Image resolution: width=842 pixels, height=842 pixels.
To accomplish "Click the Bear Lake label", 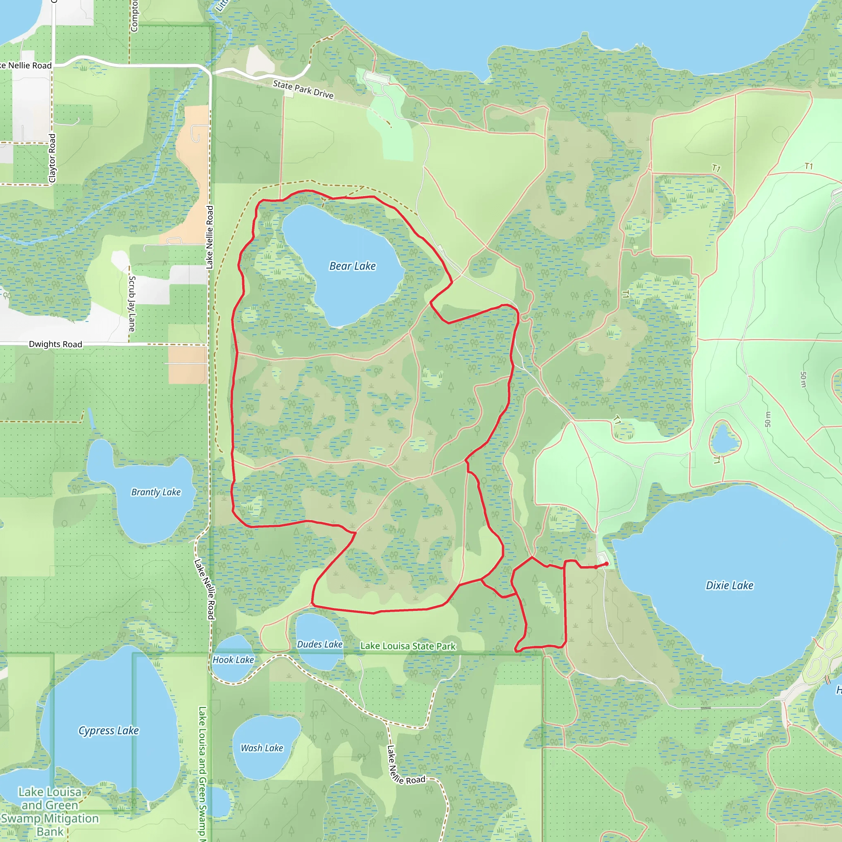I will click(352, 266).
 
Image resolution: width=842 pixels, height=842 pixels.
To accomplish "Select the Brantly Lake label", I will click(155, 492).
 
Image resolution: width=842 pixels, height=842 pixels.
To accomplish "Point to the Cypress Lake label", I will click(109, 731).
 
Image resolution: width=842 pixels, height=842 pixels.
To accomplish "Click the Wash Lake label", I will click(262, 748).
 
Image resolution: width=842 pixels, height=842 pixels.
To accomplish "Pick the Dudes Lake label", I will click(319, 644).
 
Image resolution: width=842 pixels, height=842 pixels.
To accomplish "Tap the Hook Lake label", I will click(233, 660).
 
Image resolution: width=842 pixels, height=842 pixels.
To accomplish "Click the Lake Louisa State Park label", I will click(408, 646).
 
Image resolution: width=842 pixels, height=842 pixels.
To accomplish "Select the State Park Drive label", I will click(303, 89).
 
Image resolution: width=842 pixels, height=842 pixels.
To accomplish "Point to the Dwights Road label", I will click(56, 344).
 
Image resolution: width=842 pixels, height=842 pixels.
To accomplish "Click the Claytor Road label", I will click(52, 158).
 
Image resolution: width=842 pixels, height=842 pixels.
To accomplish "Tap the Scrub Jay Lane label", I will click(132, 303).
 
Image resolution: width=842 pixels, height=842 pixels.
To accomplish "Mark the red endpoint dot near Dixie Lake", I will click(606, 564).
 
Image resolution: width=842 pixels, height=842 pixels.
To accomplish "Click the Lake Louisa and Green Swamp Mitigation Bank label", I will click(50, 812).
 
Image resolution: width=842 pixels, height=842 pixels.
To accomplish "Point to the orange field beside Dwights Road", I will click(187, 364).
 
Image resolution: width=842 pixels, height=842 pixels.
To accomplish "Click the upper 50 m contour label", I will click(803, 379).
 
